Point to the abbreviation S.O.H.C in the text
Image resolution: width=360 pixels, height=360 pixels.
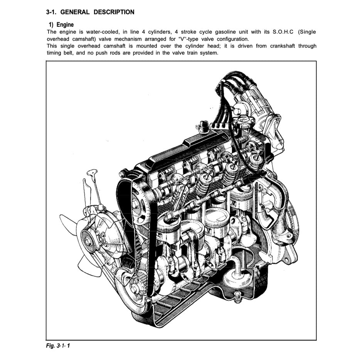(284, 32)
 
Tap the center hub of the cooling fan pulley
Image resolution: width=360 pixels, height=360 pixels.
(88, 242)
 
